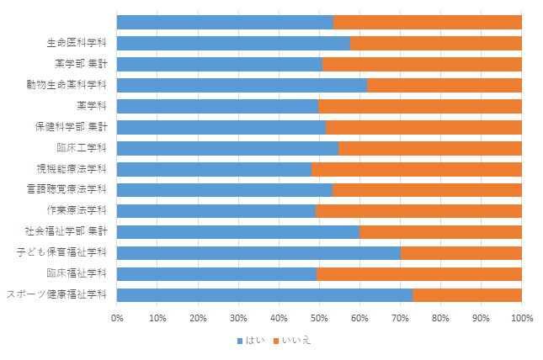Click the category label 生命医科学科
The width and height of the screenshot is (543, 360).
pos(77,43)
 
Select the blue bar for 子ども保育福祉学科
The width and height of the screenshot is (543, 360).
pos(258,253)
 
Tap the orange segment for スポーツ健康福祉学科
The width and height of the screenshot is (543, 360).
pos(467,295)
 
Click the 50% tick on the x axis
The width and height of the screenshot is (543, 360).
pos(319,318)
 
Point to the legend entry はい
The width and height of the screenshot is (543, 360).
pos(251,341)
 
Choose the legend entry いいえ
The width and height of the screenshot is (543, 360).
pos(292,341)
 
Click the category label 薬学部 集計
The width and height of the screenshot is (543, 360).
pos(81,64)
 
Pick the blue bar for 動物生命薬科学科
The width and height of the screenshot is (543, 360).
pos(242,85)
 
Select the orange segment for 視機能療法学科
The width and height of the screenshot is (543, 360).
pos(417,170)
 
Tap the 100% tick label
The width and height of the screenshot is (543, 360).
pos(522,318)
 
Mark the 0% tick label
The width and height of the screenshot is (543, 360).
pos(117,318)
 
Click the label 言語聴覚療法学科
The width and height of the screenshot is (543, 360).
pos(67,189)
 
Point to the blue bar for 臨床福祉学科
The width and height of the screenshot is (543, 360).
pos(217,274)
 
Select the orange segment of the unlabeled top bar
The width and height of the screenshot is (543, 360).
pos(428,22)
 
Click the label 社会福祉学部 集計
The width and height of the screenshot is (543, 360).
pos(66,230)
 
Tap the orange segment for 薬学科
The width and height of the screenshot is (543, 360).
pos(420,106)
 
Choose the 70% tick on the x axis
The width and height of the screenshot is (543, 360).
pos(401,318)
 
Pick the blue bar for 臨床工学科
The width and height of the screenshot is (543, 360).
pos(227,149)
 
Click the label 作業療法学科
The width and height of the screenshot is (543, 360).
pos(77,210)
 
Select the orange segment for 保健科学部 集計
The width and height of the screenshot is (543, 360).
pos(423,127)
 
